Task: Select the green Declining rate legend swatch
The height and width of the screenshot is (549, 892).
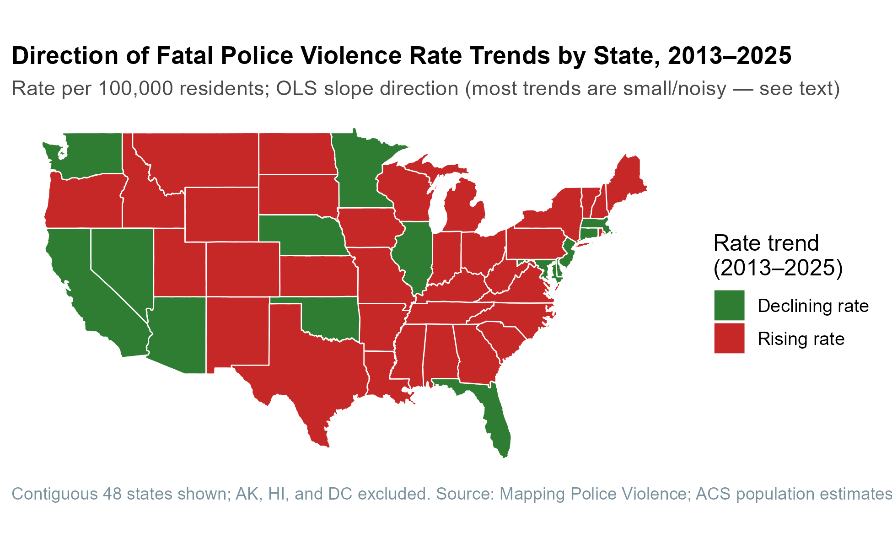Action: coord(729,305)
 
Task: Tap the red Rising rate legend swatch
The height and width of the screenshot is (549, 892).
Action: coord(729,338)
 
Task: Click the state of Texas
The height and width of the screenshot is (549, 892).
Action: coord(316,366)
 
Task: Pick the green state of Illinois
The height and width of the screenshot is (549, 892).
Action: coord(414,256)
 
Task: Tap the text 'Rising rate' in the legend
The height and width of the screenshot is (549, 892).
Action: coord(801,339)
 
